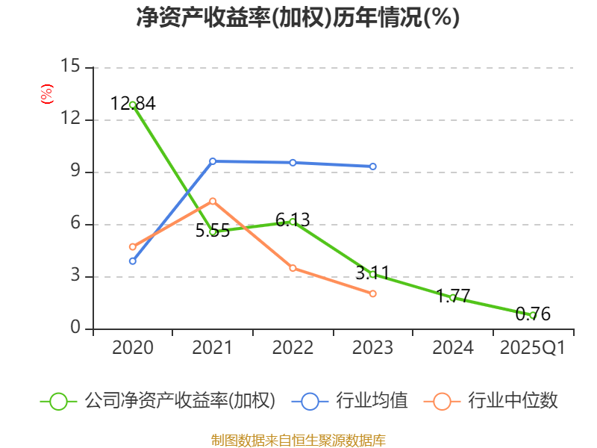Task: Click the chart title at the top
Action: click(298, 18)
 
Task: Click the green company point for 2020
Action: click(132, 105)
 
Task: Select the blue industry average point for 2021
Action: click(213, 161)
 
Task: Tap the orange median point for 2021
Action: click(213, 201)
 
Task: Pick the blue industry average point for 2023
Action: click(372, 167)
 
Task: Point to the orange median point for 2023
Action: click(372, 293)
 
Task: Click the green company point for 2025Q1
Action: click(533, 315)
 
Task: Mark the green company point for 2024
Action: click(452, 297)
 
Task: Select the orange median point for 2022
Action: click(293, 267)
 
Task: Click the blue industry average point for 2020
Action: click(132, 261)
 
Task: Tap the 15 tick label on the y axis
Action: click(70, 66)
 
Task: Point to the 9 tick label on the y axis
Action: click(75, 172)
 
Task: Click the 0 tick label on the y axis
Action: click(75, 329)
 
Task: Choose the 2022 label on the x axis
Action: click(293, 348)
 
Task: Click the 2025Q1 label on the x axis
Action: click(533, 348)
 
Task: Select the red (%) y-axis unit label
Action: click(46, 95)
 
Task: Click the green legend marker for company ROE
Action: click(59, 401)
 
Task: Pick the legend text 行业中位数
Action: click(513, 401)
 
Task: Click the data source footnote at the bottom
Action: click(298, 440)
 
